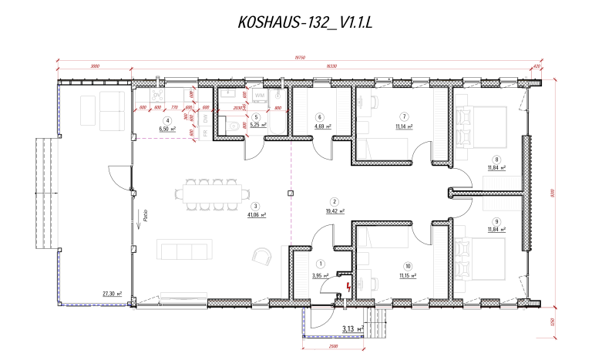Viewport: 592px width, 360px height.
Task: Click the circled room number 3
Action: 254,206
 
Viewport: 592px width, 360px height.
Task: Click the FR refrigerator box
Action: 206,132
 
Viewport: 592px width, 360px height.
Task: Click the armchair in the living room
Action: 262,256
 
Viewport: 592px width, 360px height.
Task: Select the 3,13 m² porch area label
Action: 355,329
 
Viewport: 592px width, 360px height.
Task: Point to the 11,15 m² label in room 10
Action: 407,275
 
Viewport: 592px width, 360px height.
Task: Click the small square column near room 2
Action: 291,193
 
